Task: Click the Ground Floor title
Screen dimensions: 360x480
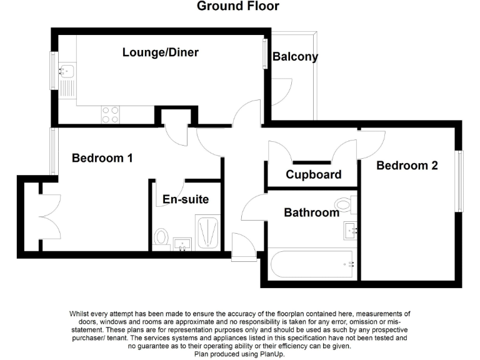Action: point(238,7)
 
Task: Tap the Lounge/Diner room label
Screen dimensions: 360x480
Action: point(161,52)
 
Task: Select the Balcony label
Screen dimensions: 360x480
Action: point(295,57)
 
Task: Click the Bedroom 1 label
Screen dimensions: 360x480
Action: point(102,158)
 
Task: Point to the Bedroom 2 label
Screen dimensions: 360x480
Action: point(407,166)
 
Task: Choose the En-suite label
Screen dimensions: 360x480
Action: point(186,199)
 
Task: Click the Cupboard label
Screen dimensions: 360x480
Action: point(314,174)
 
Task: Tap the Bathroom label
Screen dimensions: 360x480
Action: point(311,212)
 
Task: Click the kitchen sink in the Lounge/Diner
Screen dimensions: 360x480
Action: point(66,71)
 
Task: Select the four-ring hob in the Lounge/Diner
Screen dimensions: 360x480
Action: point(111,114)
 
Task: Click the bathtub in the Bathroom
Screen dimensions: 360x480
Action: point(311,265)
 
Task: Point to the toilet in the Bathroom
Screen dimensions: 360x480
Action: point(344,204)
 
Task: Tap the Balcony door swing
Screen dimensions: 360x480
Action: point(282,90)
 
